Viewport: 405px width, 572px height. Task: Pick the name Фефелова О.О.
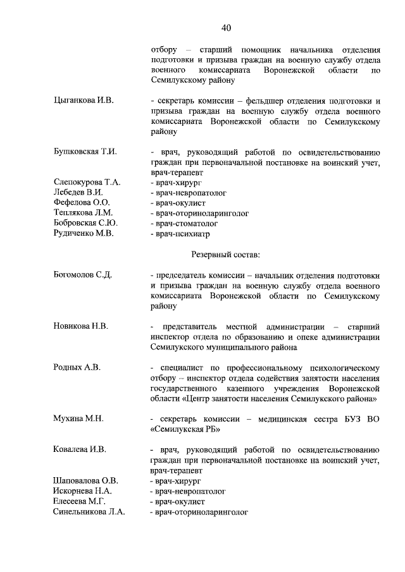tap(81, 202)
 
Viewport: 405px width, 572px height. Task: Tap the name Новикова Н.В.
tap(80, 326)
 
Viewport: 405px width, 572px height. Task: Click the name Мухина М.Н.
tap(78, 418)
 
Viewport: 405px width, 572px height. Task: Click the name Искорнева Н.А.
tap(82, 490)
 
